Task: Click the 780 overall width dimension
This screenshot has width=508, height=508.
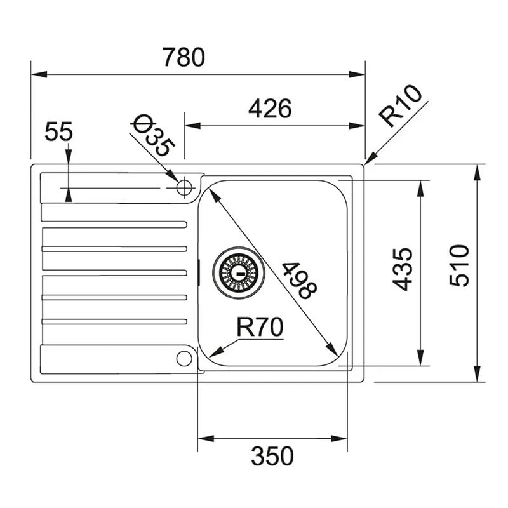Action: tap(184, 57)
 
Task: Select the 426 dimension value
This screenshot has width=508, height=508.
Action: tap(269, 109)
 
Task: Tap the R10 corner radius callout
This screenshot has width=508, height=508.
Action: tap(400, 107)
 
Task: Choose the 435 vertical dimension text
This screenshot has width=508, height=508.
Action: tap(403, 269)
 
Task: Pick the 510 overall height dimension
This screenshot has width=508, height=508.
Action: tap(458, 265)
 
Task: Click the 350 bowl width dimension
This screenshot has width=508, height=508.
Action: tap(272, 456)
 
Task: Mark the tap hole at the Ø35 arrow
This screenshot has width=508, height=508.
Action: tap(184, 187)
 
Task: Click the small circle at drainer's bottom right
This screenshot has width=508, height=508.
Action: tap(184, 358)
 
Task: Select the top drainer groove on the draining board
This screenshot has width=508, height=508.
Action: tap(114, 224)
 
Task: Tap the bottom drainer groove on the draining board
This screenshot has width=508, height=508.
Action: tap(114, 321)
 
